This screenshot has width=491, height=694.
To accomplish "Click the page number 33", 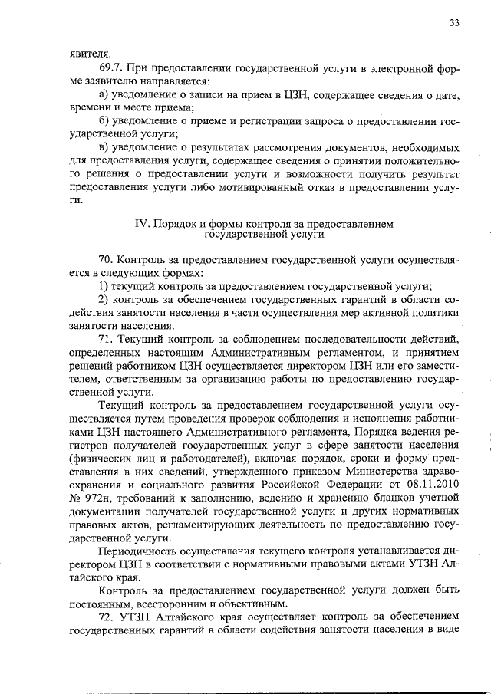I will (454, 23).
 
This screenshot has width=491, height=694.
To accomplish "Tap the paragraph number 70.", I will (106, 261).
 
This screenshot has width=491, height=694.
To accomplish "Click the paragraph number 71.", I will (106, 339).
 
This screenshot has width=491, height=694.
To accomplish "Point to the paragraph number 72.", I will (106, 616).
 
